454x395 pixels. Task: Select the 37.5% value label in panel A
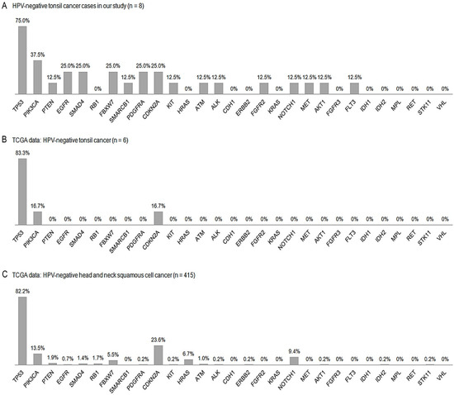click(38, 55)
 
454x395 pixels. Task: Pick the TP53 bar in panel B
click(21, 190)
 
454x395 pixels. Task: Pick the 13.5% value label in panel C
click(38, 350)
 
